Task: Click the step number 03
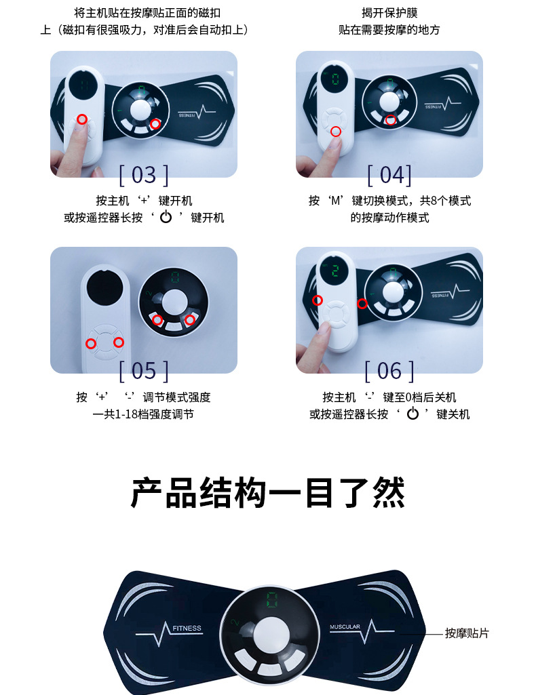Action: [143, 174]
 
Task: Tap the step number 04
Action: [389, 174]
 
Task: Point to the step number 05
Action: [143, 370]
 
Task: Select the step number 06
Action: [389, 370]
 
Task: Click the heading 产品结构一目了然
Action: [268, 493]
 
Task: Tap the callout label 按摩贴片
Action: [467, 633]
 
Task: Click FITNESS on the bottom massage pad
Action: [187, 628]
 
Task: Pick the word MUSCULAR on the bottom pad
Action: [345, 627]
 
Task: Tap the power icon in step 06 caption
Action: [413, 414]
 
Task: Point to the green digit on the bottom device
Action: [271, 600]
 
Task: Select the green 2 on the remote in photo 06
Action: [334, 271]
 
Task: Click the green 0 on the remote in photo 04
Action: [335, 79]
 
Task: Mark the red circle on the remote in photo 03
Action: [82, 119]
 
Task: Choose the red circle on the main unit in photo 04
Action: [390, 120]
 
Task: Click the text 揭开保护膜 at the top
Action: [389, 13]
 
